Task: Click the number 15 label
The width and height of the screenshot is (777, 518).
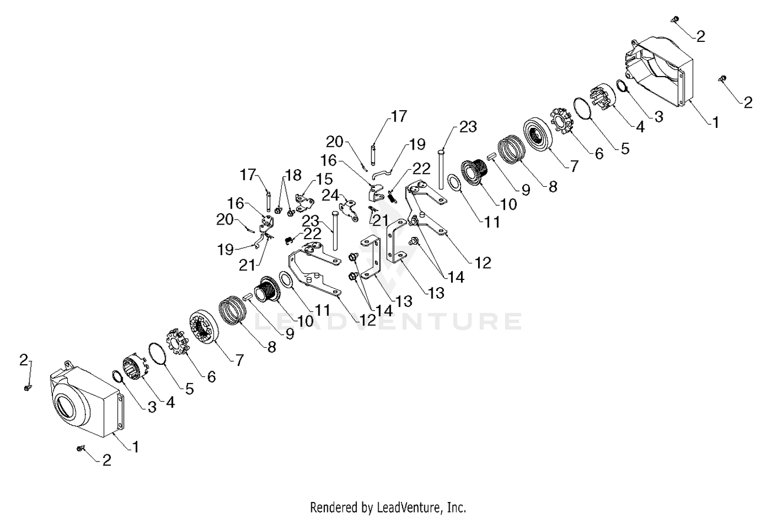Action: (x=324, y=179)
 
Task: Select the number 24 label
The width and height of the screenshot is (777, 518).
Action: (x=330, y=196)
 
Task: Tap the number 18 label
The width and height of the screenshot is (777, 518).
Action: (x=294, y=175)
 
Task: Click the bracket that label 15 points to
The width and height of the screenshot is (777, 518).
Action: (x=305, y=203)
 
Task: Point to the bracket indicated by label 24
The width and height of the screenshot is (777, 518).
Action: (x=349, y=210)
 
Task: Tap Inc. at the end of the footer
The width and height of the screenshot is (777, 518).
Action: (x=456, y=508)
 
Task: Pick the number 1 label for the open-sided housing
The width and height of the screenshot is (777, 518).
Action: (x=715, y=122)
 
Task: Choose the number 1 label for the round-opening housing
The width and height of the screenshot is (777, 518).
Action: (x=136, y=447)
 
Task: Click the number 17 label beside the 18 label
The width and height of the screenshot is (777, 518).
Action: (x=248, y=174)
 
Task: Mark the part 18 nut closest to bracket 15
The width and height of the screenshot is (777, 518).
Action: (x=291, y=212)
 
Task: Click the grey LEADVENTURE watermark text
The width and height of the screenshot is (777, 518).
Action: (x=388, y=321)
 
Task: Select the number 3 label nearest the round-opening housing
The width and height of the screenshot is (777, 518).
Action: (x=152, y=407)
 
